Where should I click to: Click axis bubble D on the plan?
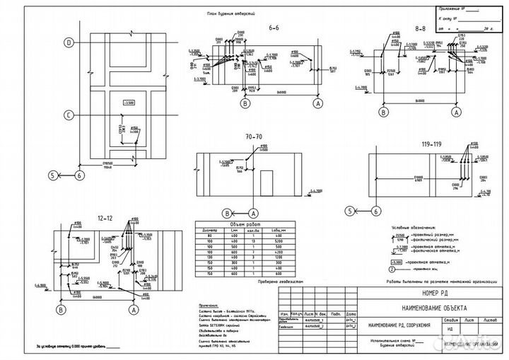click(x=69, y=43)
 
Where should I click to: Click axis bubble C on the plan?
click(x=69, y=115)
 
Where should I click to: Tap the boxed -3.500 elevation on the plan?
click(x=129, y=104)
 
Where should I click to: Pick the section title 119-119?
click(x=432, y=144)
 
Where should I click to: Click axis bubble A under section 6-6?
click(x=319, y=103)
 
